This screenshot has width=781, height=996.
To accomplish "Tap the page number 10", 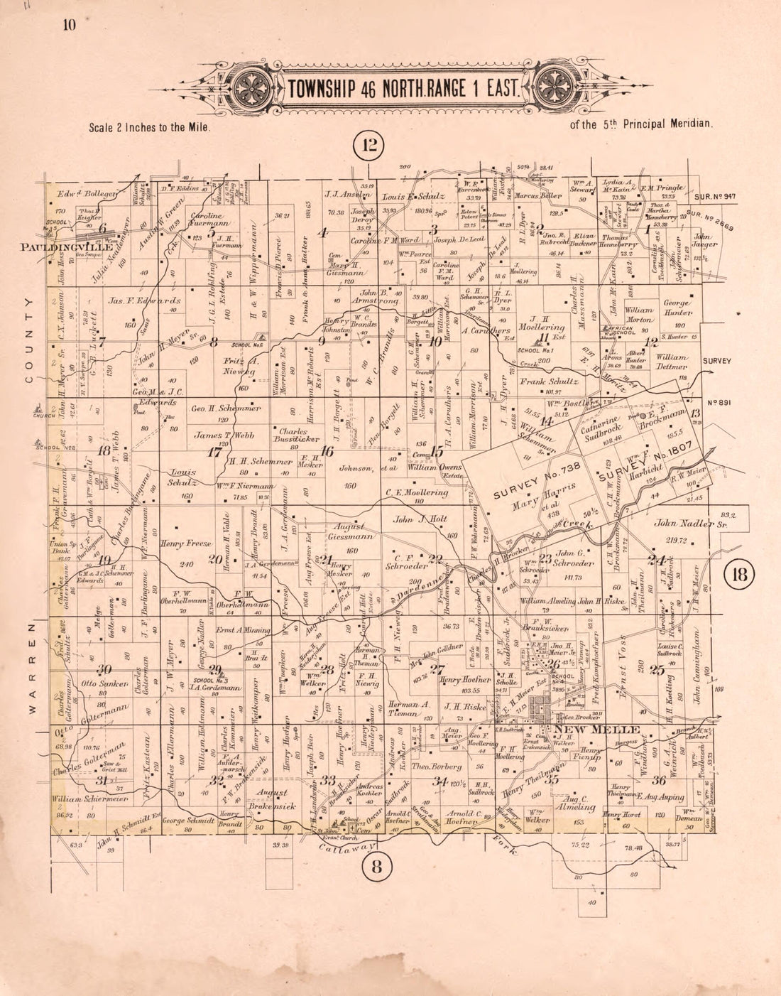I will [x=69, y=26].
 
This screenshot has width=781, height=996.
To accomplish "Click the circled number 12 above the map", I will [x=371, y=147].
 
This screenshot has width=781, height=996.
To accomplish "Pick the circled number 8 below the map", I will [x=377, y=866].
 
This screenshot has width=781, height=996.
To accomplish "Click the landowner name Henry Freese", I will [x=187, y=544].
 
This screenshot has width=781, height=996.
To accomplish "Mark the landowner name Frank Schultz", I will [x=550, y=381].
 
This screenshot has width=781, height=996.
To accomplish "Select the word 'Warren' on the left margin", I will [x=31, y=668].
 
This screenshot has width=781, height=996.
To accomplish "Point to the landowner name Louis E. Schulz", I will [x=413, y=197].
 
